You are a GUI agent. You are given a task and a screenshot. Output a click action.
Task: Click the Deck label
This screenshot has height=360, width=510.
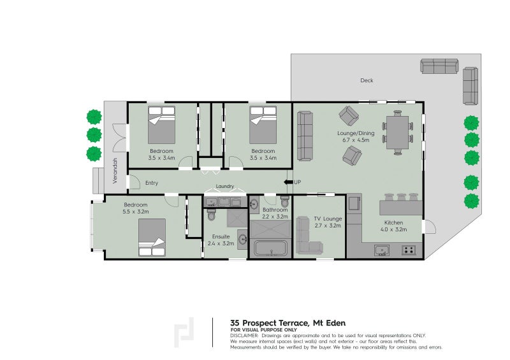click(367, 80)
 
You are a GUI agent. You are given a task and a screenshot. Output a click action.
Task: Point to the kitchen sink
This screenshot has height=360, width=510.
click(382, 250)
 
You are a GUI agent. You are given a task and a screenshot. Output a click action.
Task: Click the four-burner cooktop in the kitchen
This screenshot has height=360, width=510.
click(409, 250)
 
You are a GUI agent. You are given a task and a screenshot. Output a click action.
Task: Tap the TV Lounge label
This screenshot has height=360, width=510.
click(328, 219)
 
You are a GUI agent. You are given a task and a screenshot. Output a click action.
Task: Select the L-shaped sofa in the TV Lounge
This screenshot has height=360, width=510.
click(309, 236)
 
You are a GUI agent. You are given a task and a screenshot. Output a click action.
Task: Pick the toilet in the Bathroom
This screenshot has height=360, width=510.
click(284, 202)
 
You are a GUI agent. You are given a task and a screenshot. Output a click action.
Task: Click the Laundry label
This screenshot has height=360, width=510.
click(225, 187)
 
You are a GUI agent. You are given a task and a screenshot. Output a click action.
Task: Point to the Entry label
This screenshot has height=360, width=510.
click(152, 184)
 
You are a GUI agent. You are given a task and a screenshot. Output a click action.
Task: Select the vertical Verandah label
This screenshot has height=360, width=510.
click(115, 170)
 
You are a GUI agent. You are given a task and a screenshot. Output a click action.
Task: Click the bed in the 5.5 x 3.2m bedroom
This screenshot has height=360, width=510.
click(152, 237)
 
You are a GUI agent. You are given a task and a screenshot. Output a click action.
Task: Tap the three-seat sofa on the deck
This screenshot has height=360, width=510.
click(439, 66)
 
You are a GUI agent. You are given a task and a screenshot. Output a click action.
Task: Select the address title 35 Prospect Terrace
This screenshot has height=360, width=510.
click(288, 323)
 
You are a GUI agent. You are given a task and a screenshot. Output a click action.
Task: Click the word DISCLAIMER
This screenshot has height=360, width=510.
click(245, 335)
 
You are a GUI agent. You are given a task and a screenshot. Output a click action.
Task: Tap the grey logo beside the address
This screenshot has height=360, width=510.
click(185, 331)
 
